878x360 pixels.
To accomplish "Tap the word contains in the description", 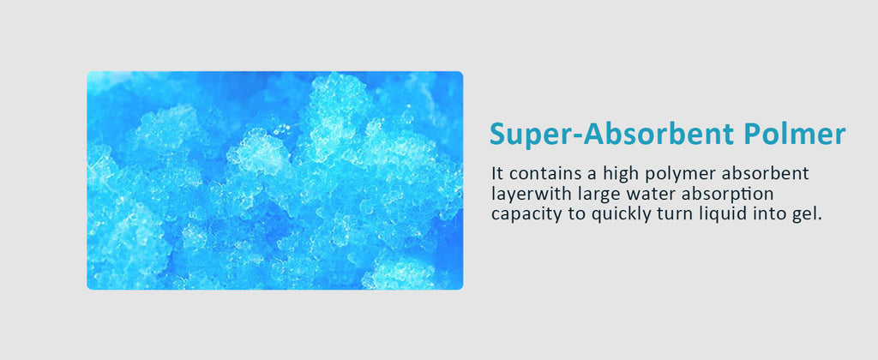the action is point(532,173).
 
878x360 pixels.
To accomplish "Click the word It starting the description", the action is point(496,173).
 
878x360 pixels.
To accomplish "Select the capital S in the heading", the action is point(498,135).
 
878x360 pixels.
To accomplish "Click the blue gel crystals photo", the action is point(275,180).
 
